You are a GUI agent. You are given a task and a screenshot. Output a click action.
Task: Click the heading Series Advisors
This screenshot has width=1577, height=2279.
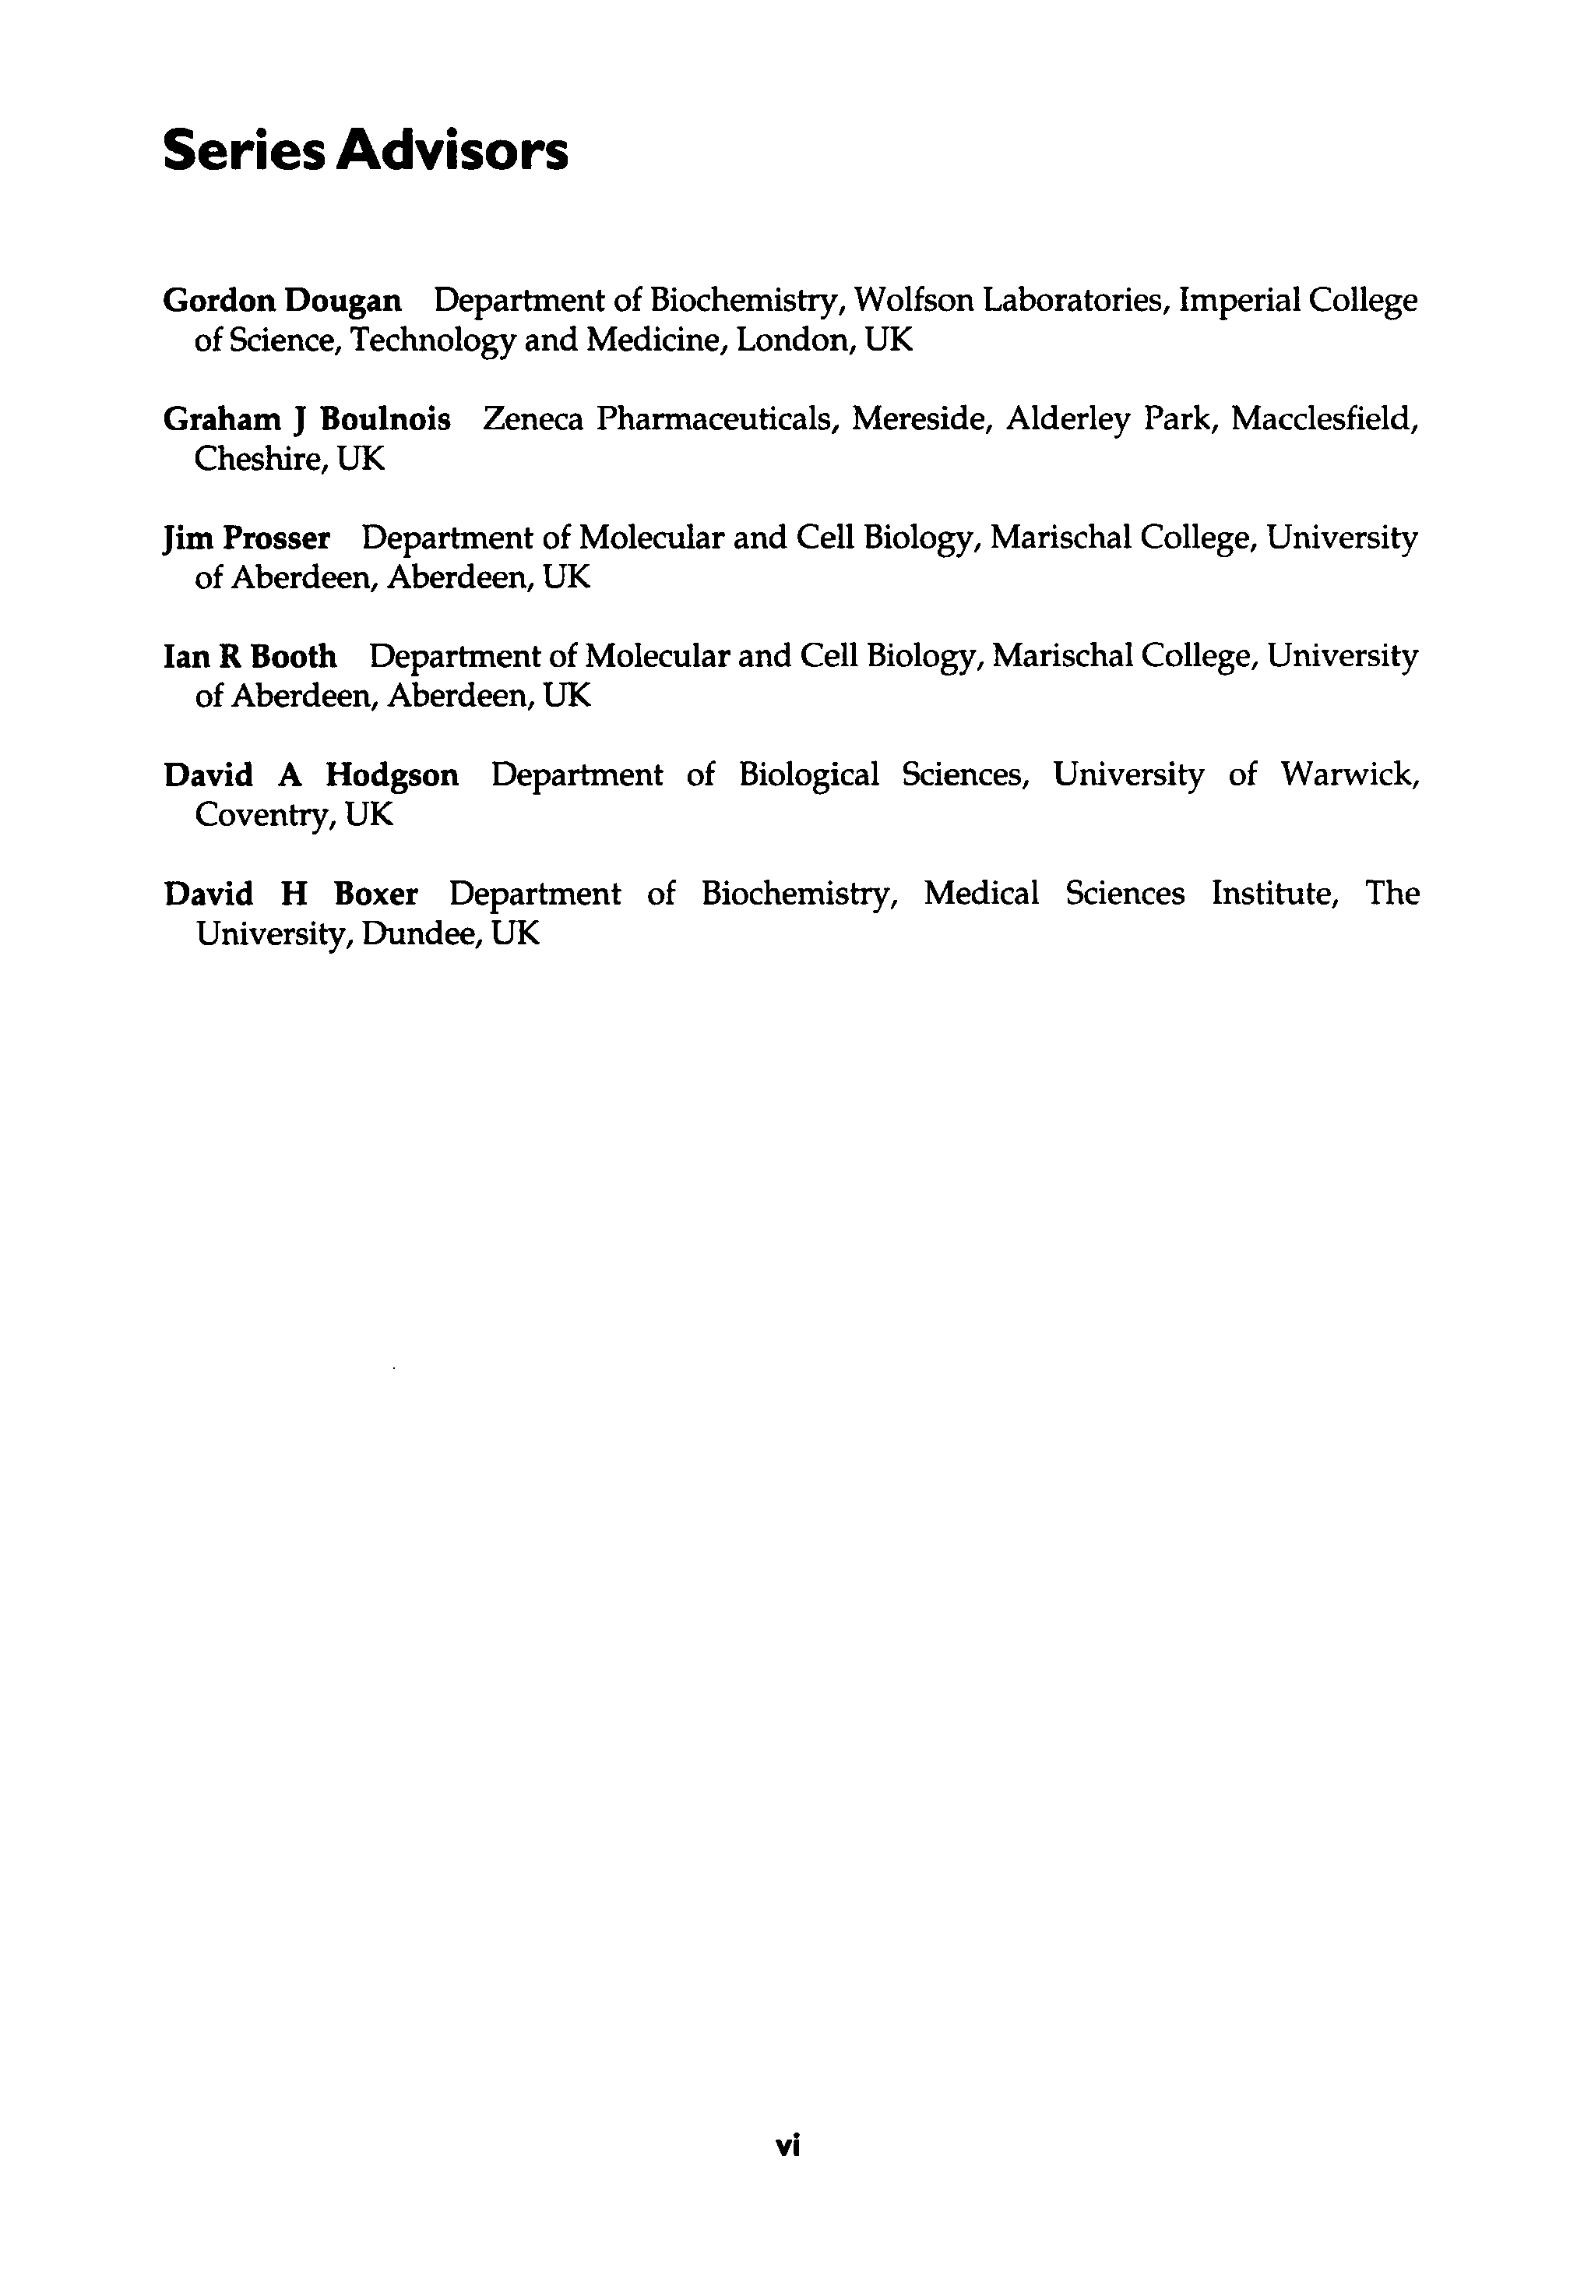pyautogui.click(x=364, y=151)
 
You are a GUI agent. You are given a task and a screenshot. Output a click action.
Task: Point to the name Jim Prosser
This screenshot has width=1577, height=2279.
pyautogui.click(x=246, y=538)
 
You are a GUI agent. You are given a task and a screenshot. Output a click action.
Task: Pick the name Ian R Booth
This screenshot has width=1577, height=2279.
pyautogui.click(x=249, y=656)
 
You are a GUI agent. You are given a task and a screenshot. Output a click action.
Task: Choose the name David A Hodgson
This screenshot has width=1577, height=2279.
pyautogui.click(x=312, y=774)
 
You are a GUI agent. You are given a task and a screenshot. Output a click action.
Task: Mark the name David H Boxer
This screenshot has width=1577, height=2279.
pyautogui.click(x=290, y=894)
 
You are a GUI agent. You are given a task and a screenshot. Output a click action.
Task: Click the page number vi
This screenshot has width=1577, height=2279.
pyautogui.click(x=787, y=2146)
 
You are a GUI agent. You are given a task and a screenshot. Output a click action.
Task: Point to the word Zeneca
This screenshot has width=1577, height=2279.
pyautogui.click(x=533, y=419)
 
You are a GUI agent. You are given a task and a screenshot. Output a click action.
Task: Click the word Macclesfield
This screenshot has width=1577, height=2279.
pyautogui.click(x=1324, y=419)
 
